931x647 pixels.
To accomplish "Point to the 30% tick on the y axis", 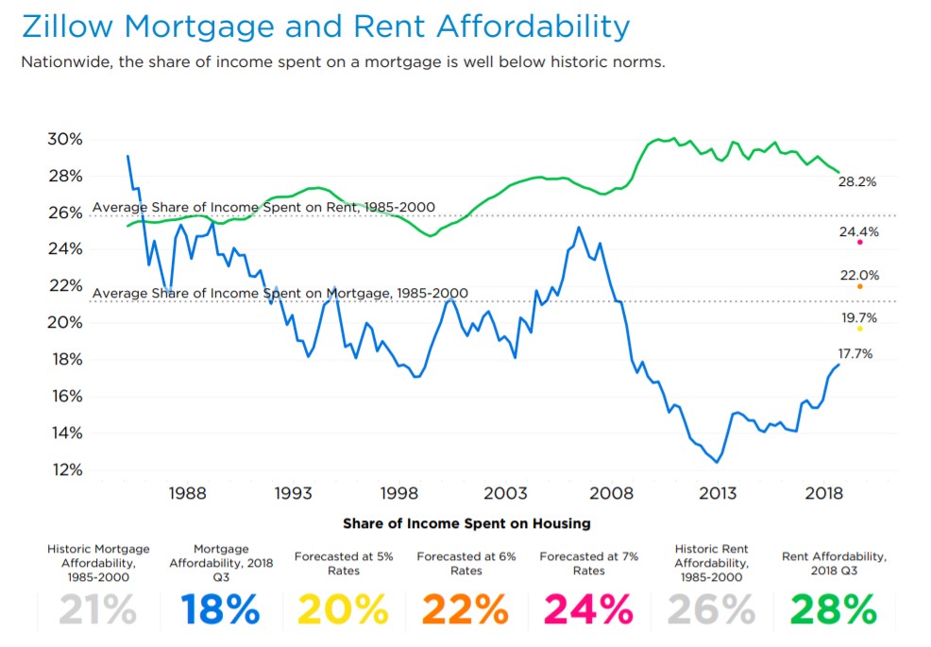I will click(65, 139).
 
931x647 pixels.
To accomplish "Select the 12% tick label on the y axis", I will click(65, 470).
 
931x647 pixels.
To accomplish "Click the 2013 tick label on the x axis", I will click(718, 494).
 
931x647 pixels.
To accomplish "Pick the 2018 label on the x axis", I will click(823, 494).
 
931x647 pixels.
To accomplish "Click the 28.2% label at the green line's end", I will click(857, 182).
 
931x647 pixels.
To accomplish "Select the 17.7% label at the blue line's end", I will click(855, 354).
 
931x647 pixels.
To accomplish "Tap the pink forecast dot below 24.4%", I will click(859, 243).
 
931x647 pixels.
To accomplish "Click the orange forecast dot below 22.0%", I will click(859, 286).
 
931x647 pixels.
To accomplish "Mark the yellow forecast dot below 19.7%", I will click(859, 329).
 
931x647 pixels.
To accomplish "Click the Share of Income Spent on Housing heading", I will click(466, 523).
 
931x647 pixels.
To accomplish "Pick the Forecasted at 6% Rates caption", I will click(465, 564).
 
